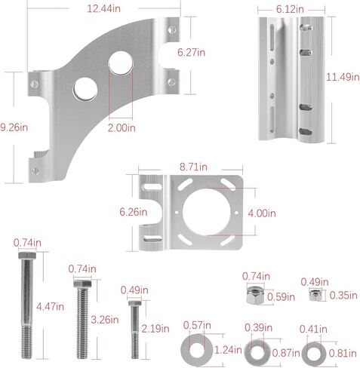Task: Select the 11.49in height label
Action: (x=341, y=78)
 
